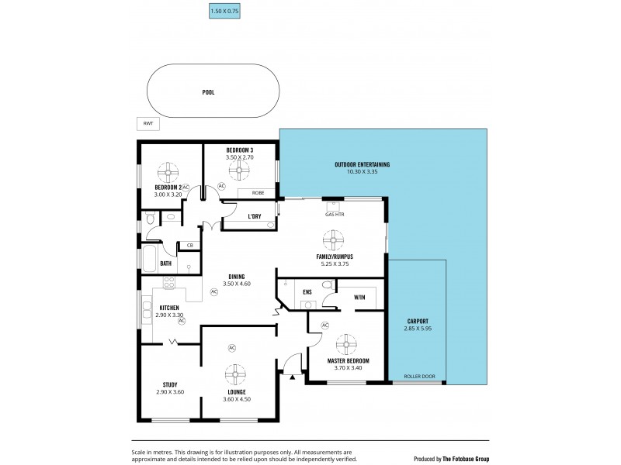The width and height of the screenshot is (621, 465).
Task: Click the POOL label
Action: [x=208, y=91]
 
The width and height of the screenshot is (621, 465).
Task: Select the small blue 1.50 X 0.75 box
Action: [x=225, y=11]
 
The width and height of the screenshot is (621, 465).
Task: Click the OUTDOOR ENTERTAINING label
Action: [x=362, y=164]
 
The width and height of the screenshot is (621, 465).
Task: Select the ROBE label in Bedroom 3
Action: [x=256, y=193]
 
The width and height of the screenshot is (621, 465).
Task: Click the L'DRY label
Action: [x=254, y=216]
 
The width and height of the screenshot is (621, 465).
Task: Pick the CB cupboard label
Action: [x=189, y=246]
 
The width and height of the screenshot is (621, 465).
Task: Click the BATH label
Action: [x=165, y=263]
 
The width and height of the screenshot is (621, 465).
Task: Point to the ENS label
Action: [x=307, y=292]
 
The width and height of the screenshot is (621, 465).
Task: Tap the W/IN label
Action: [x=359, y=297]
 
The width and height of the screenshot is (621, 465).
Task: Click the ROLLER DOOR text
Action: [x=419, y=377]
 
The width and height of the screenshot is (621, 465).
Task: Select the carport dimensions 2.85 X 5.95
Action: [x=418, y=329]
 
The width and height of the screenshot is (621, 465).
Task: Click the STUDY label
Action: [x=170, y=384]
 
